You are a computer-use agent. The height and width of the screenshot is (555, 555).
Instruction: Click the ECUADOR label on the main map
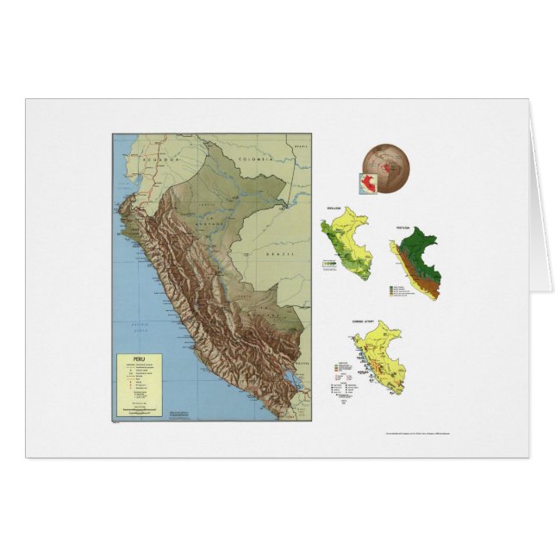[x=159, y=161]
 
